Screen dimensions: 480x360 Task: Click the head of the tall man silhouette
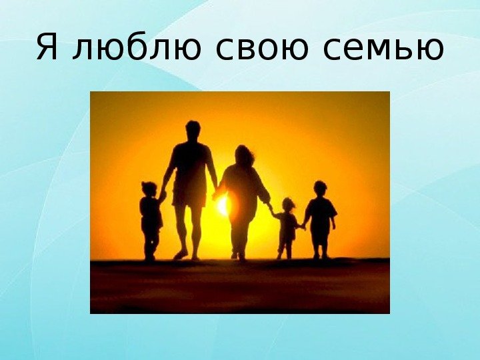[193, 131]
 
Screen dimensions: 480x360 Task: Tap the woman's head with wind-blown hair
[244, 155]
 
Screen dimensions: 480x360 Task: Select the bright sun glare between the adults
[223, 205]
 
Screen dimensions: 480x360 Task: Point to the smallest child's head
[289, 205]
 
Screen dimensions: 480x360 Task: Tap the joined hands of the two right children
[302, 227]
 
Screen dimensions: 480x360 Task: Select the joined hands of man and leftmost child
[163, 195]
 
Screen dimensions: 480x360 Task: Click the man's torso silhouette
[191, 163]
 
